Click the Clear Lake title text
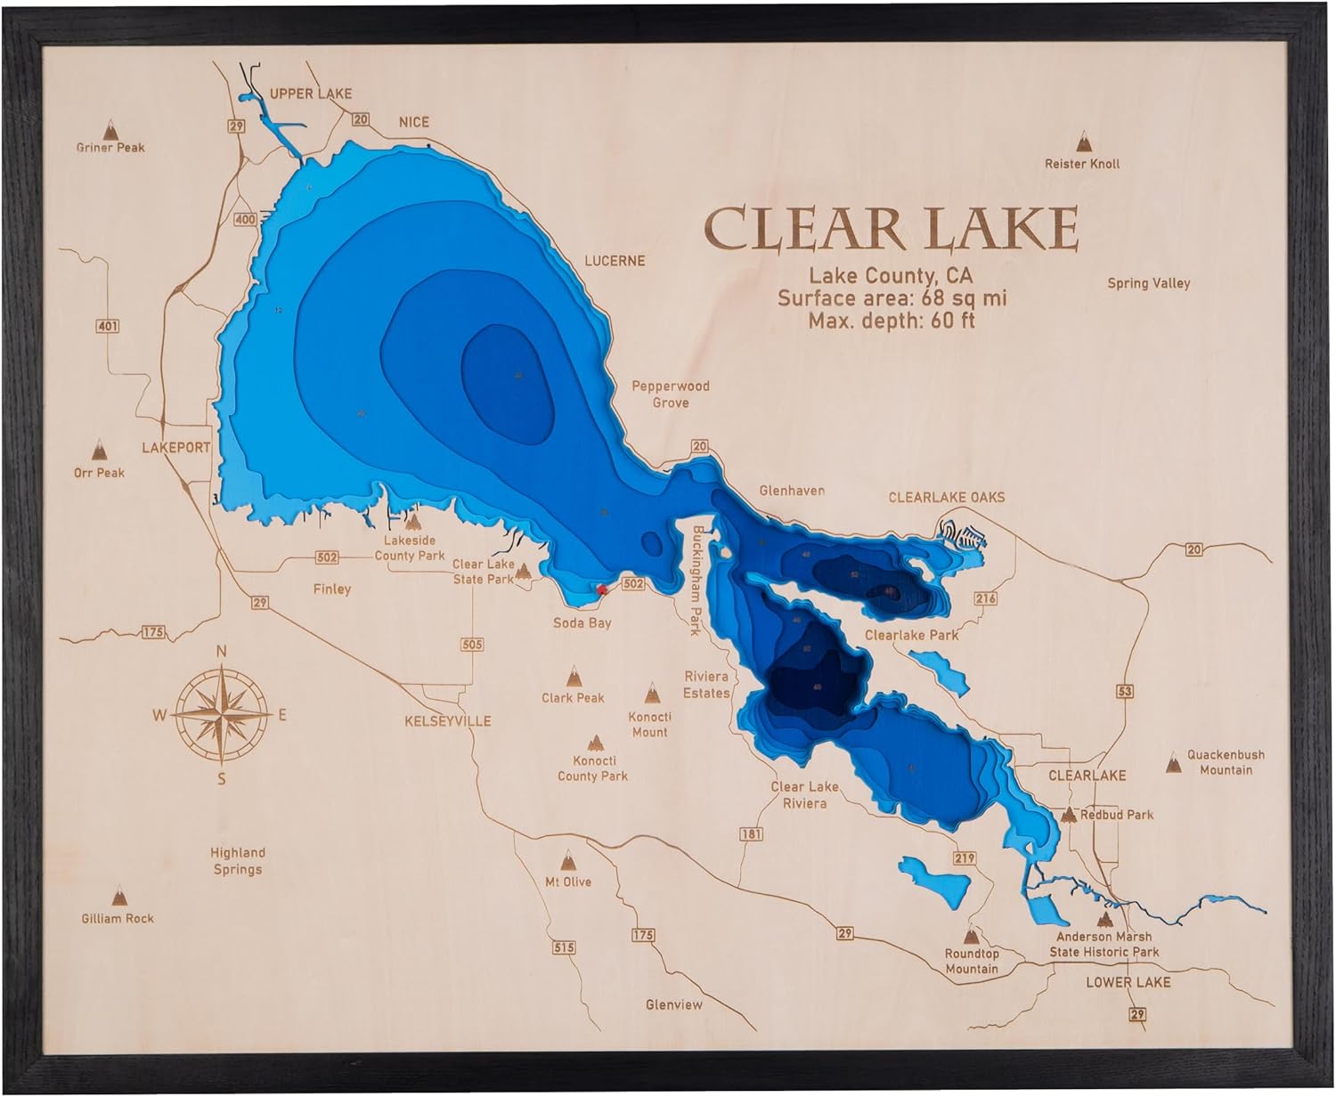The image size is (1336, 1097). pos(891,229)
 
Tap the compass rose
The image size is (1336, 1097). pos(222,714)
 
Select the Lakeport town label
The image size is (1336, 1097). pos(175,447)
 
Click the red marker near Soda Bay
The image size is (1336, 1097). pos(601,589)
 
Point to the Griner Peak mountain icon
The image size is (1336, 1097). pos(110,128)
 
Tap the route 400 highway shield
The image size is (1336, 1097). pos(245,219)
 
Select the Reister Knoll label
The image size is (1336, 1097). pos(1082,164)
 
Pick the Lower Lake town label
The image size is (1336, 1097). pos(1128,981)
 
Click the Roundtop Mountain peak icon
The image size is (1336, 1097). pos(972,936)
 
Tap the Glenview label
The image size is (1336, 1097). pos(674,1004)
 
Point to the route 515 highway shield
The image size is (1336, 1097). pos(563,947)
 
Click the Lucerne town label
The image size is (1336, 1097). pos(614,261)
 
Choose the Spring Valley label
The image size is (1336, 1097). pos(1148,283)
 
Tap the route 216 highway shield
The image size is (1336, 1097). pos(986,598)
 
